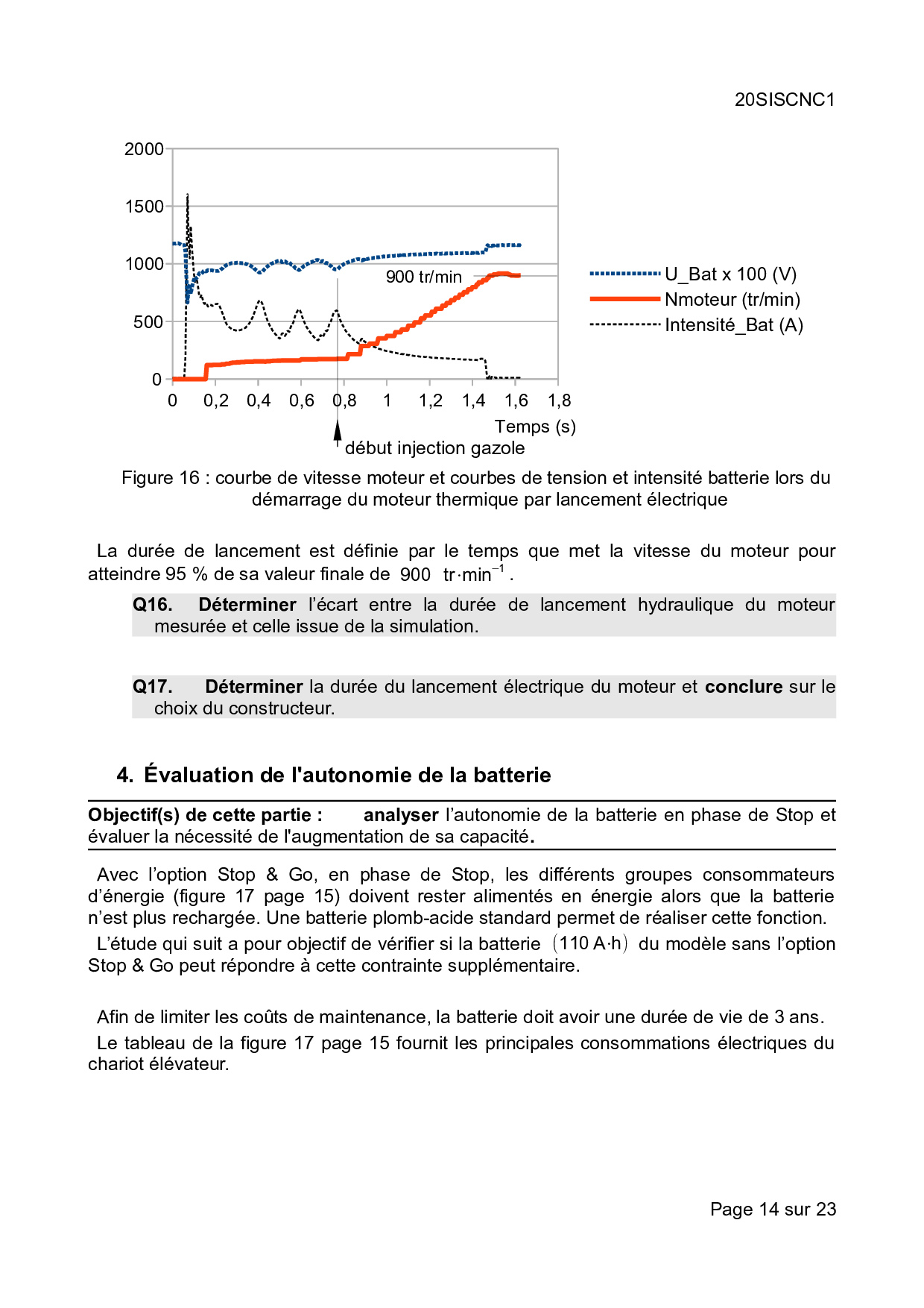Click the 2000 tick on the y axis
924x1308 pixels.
click(144, 149)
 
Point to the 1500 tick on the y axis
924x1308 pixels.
click(144, 207)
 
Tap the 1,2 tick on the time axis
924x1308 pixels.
click(431, 400)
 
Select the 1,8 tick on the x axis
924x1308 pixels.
click(560, 400)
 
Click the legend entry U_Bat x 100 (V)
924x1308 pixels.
click(730, 274)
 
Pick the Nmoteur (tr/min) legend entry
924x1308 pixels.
click(732, 300)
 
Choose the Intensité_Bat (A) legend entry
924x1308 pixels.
click(733, 325)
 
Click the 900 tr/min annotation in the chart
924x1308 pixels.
click(423, 277)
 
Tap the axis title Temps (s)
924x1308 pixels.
click(535, 427)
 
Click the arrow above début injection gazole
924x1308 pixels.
click(338, 430)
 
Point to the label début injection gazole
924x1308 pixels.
click(434, 448)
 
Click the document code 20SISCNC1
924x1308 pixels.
click(785, 100)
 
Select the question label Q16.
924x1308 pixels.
click(153, 605)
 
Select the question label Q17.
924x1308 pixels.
click(153, 687)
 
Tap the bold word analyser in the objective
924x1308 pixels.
click(401, 815)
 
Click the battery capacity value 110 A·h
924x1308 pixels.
click(590, 943)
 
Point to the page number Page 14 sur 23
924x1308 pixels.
click(773, 1209)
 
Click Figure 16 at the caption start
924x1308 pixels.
click(160, 478)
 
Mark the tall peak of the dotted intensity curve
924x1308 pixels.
click(188, 196)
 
